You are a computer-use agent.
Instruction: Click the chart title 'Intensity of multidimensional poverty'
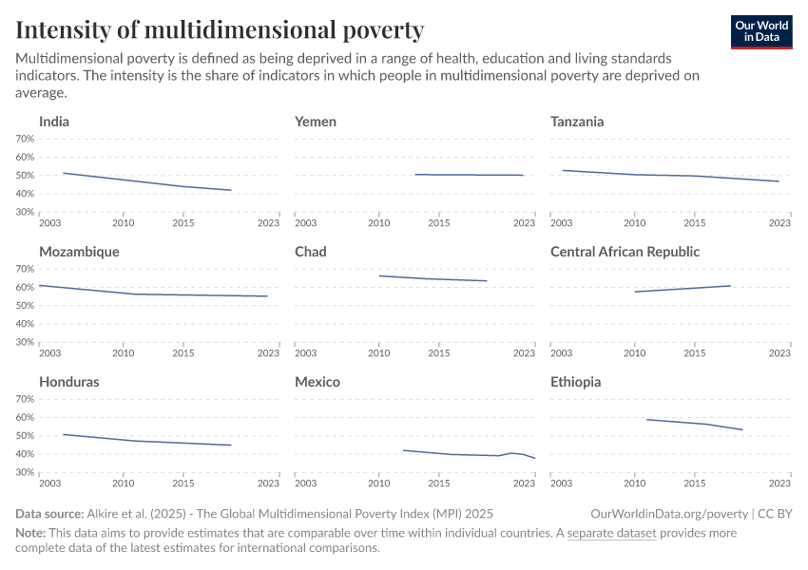coord(220,29)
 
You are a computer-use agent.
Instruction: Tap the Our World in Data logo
coord(761,31)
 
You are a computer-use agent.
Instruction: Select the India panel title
coord(54,122)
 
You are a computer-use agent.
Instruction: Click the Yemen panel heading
coord(316,122)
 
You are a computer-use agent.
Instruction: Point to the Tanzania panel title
coord(577,122)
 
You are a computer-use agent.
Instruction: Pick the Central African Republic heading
coord(625,252)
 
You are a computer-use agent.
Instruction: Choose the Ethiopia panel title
coord(575,382)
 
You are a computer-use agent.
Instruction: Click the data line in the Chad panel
coord(433,278)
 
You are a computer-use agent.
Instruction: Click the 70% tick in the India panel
coord(25,139)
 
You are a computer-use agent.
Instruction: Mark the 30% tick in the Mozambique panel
coord(25,342)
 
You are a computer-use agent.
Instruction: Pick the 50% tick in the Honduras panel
coord(25,436)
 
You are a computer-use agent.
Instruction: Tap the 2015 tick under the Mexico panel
coord(439,483)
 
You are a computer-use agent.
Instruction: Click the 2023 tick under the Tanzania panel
coord(779,222)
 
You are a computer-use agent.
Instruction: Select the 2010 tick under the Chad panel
coord(379,352)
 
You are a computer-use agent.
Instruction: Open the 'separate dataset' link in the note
coord(611,533)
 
